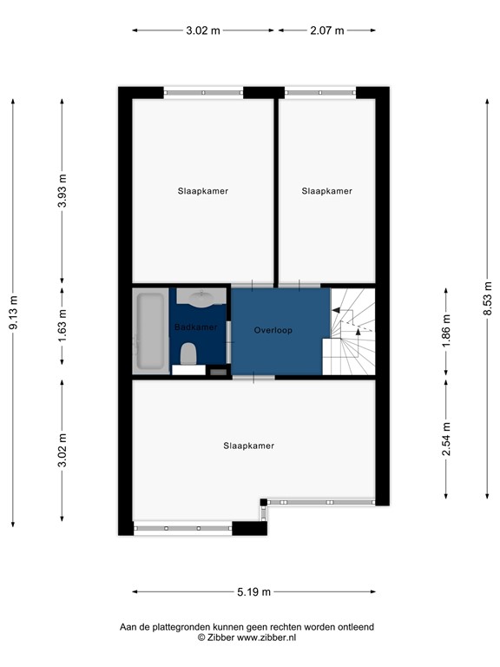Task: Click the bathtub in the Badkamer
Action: click(x=150, y=332)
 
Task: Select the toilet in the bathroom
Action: click(x=187, y=353)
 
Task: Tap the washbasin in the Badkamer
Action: click(x=201, y=300)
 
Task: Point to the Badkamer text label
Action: click(x=195, y=327)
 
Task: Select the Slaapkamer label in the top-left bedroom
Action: click(x=203, y=191)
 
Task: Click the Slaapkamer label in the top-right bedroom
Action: click(x=327, y=191)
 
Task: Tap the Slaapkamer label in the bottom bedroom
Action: click(x=248, y=446)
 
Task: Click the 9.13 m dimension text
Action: click(x=13, y=313)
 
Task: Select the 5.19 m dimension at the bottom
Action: click(x=253, y=592)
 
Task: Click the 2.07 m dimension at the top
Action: click(x=327, y=30)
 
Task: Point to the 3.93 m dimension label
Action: click(x=62, y=192)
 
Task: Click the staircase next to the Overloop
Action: click(x=352, y=331)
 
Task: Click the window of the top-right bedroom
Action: click(x=320, y=91)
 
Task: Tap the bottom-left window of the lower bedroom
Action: click(x=182, y=528)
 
